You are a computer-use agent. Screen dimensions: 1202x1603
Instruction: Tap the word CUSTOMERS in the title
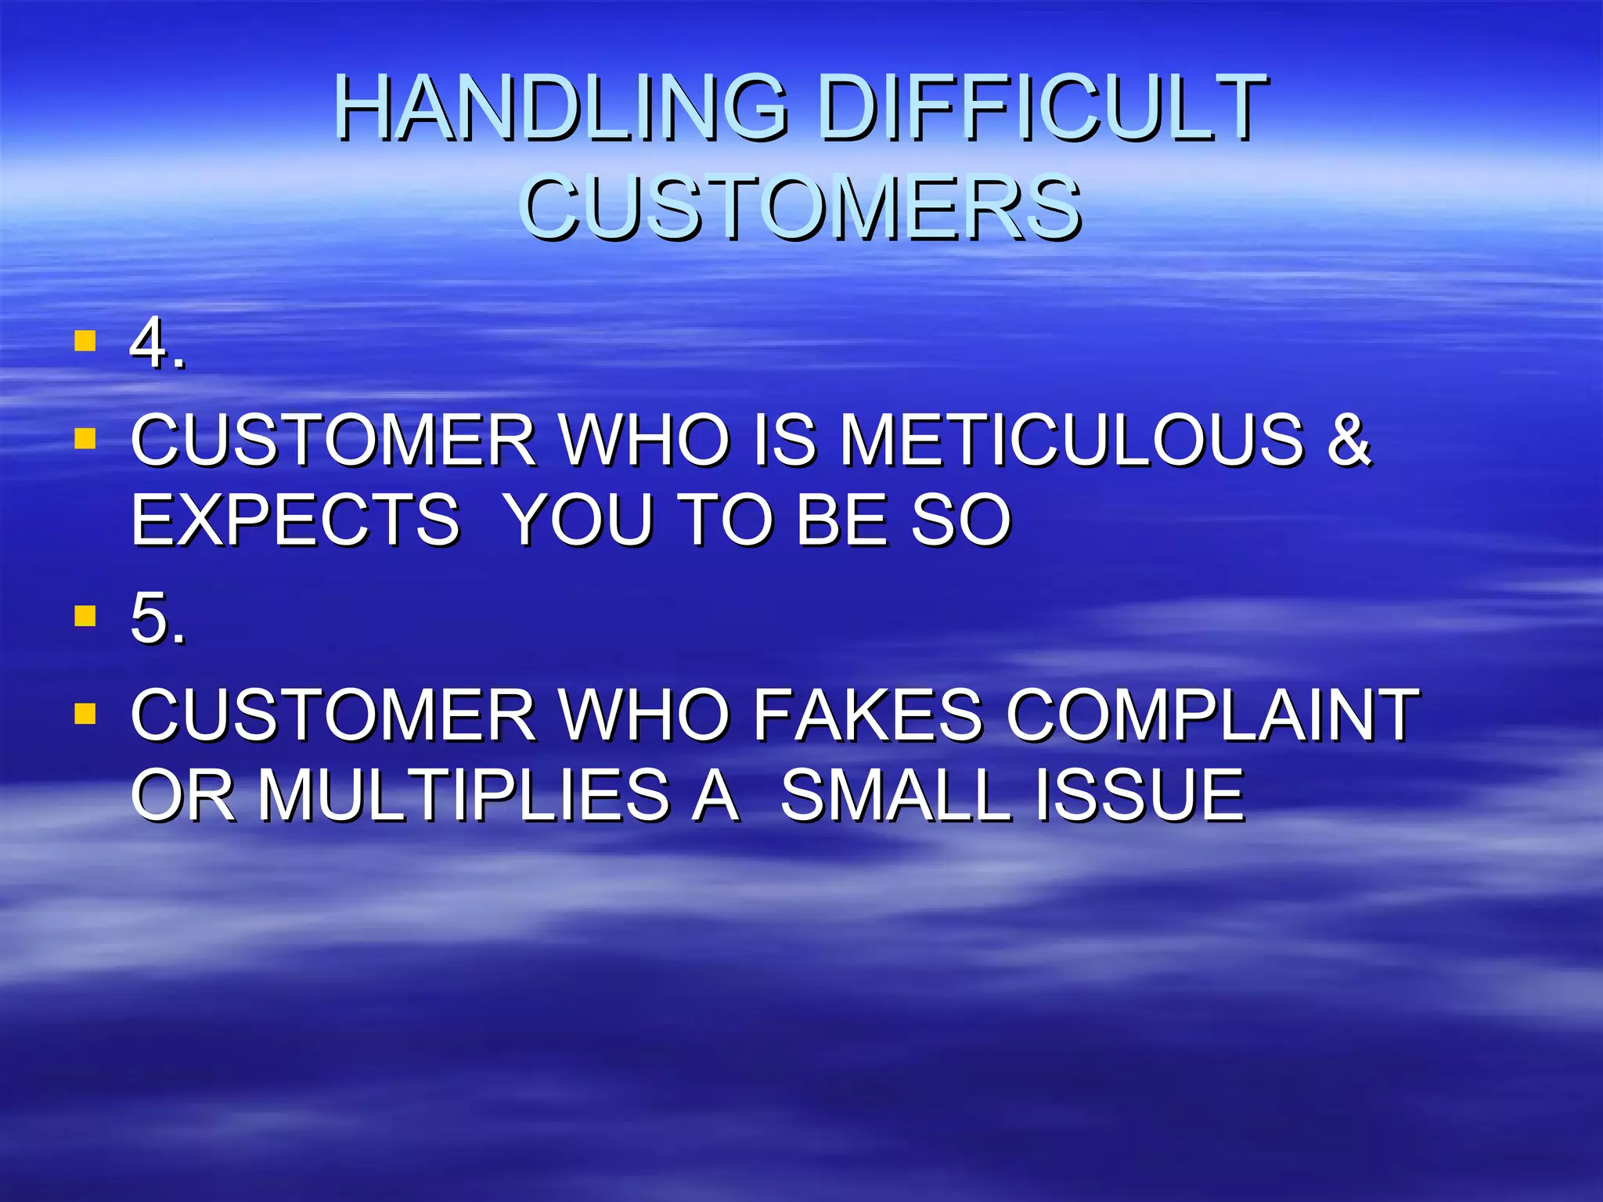point(801,207)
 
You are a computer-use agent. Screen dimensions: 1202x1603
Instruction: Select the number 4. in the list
point(157,344)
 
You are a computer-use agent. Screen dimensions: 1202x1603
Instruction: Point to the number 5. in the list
point(157,619)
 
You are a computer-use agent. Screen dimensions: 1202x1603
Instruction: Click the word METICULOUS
point(1072,441)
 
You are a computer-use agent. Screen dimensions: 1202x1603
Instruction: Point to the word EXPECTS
point(295,521)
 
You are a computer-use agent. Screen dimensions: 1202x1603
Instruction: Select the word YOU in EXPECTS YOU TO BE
point(578,521)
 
